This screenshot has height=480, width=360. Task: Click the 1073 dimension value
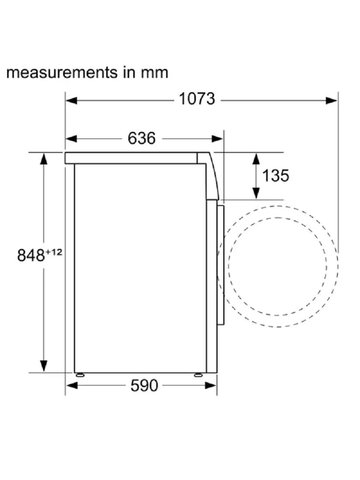[x=197, y=99]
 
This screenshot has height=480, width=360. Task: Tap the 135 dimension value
[x=275, y=176]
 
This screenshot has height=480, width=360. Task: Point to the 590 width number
[x=144, y=385]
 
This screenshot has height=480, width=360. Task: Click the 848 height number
[x=31, y=255]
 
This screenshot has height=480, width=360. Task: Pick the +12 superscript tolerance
[x=54, y=252]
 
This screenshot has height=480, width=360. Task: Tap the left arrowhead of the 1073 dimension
[x=71, y=100]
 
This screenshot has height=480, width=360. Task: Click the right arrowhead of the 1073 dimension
[x=331, y=100]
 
